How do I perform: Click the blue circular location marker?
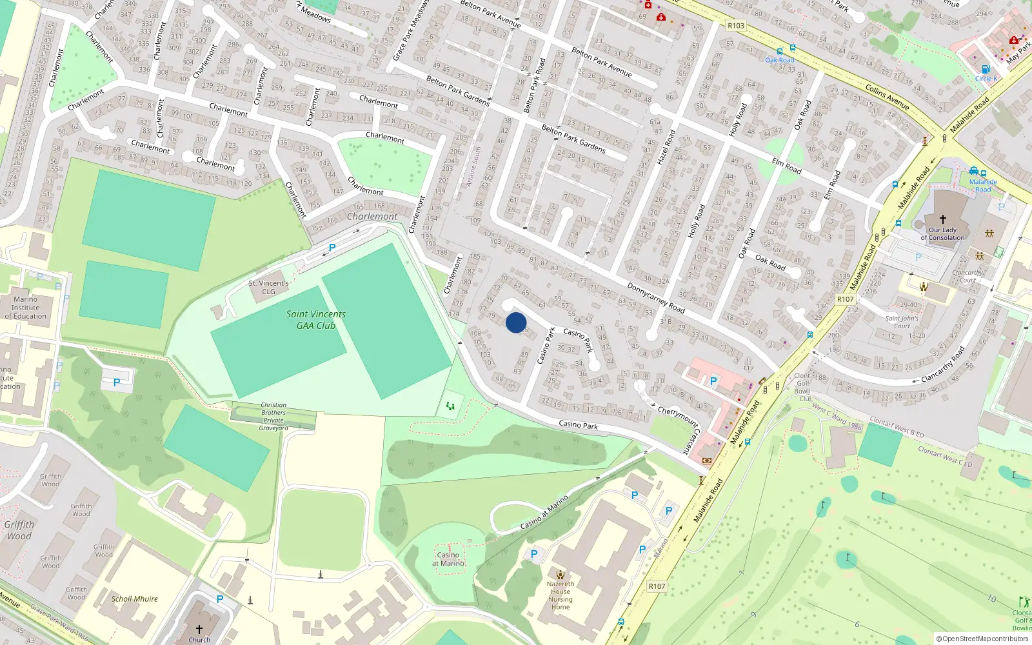pos(516,322)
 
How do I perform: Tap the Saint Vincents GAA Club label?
pos(316,320)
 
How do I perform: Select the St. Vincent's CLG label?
pos(269,288)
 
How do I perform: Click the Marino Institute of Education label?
pos(26,308)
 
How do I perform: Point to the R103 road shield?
pos(735,26)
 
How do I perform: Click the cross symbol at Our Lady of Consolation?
pos(942,219)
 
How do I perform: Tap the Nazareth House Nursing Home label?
pos(561,595)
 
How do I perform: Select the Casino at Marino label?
pos(449,559)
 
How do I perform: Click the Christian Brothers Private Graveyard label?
pos(273,417)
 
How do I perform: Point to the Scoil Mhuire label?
pos(134,599)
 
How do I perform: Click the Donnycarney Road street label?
pos(656,298)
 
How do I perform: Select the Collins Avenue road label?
pos(888,97)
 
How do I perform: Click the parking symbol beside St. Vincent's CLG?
pos(332,248)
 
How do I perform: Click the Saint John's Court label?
pos(902,322)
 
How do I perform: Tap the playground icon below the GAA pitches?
pos(450,406)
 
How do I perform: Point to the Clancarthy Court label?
pos(967,276)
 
